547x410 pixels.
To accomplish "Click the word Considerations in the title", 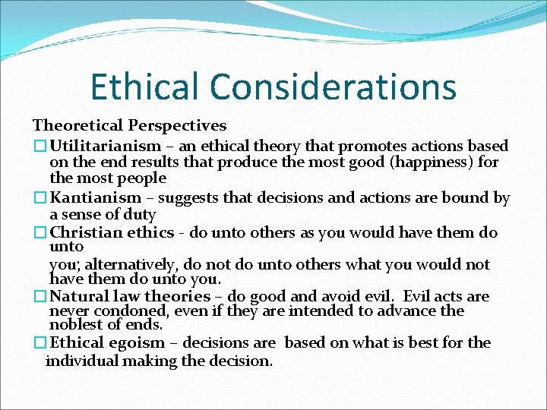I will click(333, 86).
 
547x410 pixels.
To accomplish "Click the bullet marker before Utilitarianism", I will click(40, 146).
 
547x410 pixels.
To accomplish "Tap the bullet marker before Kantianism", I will click(40, 198).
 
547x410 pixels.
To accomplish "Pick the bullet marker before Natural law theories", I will click(40, 296).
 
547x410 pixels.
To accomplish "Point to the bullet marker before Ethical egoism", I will click(40, 342).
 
